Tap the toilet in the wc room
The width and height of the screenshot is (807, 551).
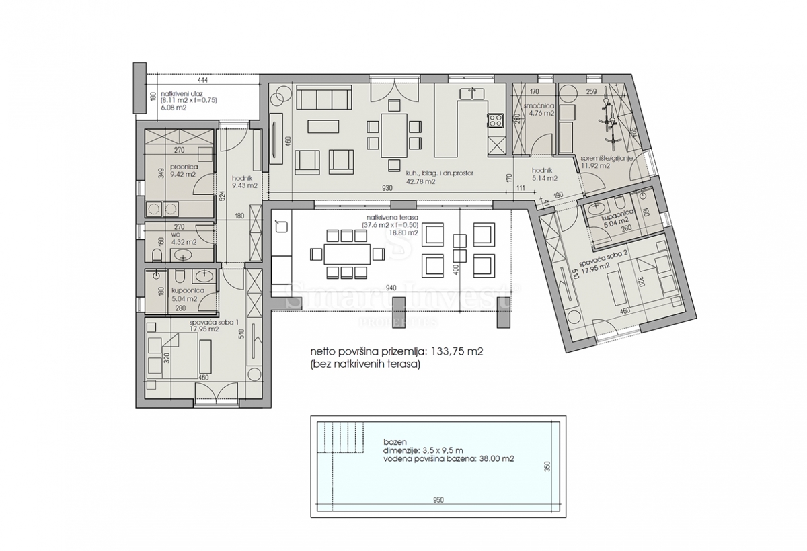tap(156, 253)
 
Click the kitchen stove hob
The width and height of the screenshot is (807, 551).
tap(496, 122)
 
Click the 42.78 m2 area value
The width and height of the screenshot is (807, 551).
tap(420, 181)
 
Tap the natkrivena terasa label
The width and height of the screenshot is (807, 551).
tap(393, 217)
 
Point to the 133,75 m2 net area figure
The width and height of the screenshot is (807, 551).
tap(460, 351)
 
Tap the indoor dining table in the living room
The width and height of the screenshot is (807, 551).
tap(395, 134)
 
